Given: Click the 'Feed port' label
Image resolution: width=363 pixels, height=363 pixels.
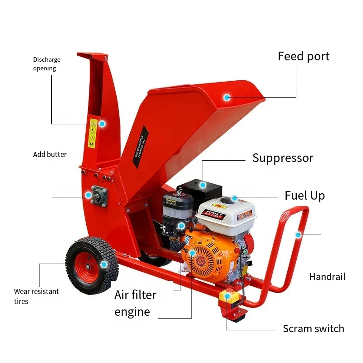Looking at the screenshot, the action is tap(304, 57).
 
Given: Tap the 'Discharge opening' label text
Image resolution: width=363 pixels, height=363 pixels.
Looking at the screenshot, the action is tap(46, 64).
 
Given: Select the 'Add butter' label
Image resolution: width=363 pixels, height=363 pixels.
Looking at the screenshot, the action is tap(50, 154).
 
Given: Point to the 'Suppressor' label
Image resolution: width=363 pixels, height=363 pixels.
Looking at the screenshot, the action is tap(283, 158).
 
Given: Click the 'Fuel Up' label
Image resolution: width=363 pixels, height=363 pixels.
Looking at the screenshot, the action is tap(304, 196).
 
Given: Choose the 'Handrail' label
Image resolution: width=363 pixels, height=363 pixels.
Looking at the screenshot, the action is tap(327, 276).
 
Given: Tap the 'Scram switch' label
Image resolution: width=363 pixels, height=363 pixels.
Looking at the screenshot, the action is tap(313, 329).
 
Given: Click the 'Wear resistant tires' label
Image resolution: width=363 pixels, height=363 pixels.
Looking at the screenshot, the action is tap(36, 296).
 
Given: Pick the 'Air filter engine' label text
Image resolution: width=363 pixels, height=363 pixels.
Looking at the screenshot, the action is tap(135, 303).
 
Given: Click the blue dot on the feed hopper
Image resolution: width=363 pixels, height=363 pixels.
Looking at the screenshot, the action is tap(227, 97).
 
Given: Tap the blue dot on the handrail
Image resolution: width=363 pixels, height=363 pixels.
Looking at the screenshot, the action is tap(298, 235).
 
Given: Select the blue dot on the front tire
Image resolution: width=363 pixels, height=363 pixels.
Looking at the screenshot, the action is tap(103, 264).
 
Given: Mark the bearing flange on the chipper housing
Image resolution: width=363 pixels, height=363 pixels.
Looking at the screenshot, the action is tap(98, 196).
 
